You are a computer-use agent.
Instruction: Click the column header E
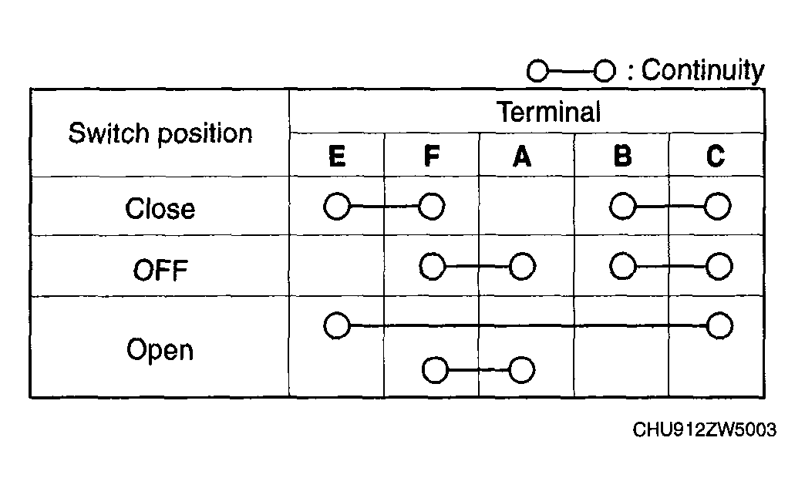[x=337, y=156]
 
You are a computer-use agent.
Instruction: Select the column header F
[x=432, y=156]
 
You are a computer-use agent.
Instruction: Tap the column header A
[x=522, y=156]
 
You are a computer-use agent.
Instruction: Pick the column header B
[x=623, y=156]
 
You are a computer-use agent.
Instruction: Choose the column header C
[x=716, y=156]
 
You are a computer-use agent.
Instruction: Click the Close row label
[x=160, y=208]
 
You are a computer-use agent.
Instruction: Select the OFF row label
[x=160, y=270]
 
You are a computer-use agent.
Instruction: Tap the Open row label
[x=160, y=350]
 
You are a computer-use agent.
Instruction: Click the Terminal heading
[x=548, y=112]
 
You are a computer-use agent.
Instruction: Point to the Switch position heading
[x=160, y=133]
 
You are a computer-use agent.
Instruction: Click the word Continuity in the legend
[x=703, y=70]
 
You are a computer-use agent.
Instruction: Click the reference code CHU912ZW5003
[x=705, y=429]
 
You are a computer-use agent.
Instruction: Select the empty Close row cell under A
[x=526, y=207]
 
